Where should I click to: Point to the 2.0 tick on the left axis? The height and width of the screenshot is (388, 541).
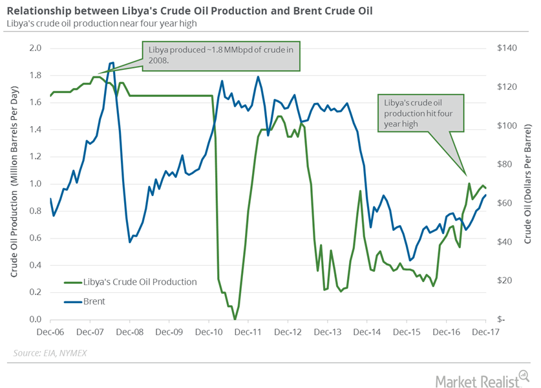(x=36, y=48)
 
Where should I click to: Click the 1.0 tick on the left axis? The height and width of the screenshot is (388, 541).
(x=36, y=184)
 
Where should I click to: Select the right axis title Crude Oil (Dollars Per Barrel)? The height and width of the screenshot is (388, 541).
(x=527, y=184)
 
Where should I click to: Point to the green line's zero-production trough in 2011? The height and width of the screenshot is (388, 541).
(x=235, y=319)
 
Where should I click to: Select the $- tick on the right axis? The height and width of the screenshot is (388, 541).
(x=494, y=319)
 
